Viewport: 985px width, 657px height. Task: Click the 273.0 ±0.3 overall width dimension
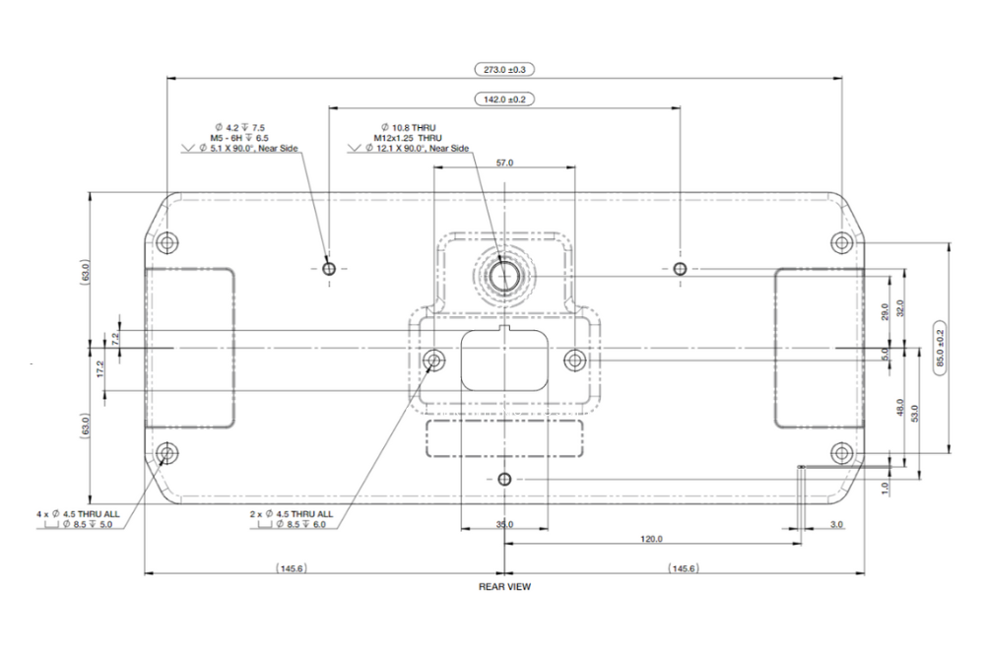[x=503, y=69]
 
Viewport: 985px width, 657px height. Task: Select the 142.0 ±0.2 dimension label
[x=503, y=99]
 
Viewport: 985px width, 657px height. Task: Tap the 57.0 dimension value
[x=504, y=163]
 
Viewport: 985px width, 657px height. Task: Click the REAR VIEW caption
[x=504, y=587]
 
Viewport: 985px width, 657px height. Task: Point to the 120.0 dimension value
[x=651, y=539]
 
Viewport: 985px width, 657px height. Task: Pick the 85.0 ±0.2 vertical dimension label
[x=941, y=348]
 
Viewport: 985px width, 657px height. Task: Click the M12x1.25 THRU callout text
[x=408, y=138]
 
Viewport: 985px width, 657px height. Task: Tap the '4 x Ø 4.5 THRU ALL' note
[x=78, y=514]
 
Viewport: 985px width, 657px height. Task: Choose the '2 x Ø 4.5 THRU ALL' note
[x=292, y=514]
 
